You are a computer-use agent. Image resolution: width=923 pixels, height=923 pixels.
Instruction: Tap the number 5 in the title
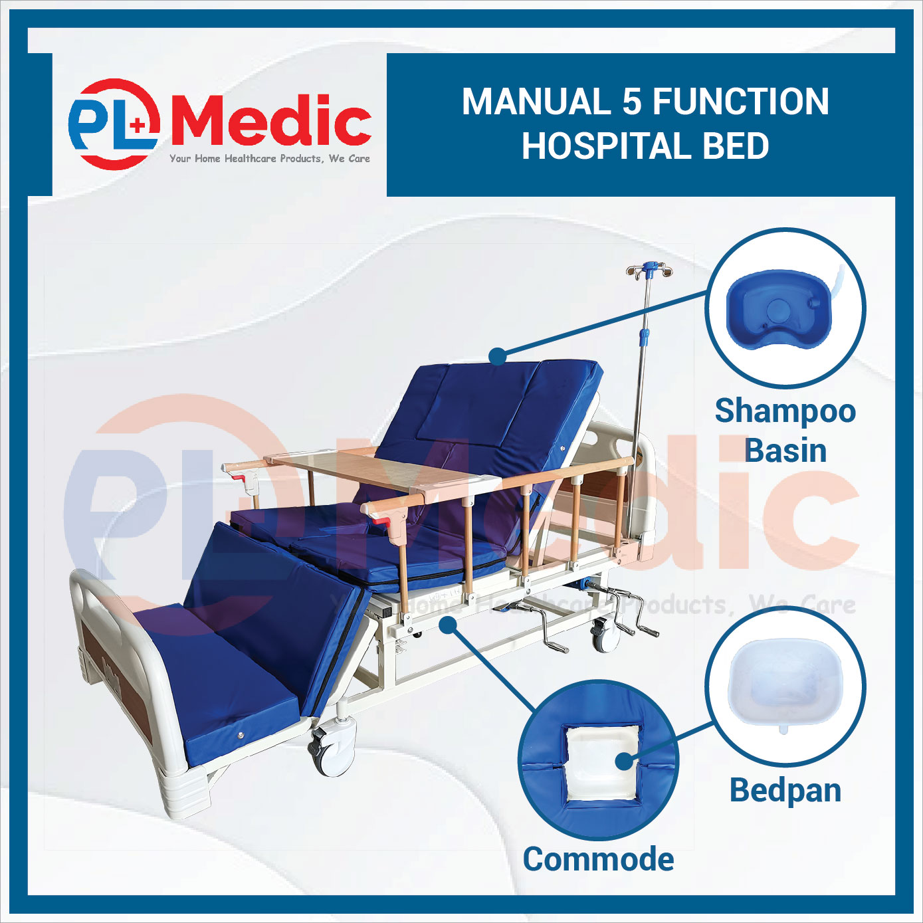(632, 102)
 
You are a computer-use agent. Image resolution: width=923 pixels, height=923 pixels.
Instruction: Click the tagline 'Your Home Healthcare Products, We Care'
(270, 159)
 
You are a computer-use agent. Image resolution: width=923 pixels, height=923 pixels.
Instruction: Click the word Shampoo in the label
(785, 411)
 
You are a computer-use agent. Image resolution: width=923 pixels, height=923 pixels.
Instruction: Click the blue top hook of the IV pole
(649, 265)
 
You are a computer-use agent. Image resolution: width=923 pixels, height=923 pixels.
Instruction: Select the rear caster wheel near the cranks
(605, 635)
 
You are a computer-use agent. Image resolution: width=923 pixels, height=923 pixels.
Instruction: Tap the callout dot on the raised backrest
(498, 357)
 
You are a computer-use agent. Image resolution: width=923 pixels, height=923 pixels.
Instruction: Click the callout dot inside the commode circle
(624, 761)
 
